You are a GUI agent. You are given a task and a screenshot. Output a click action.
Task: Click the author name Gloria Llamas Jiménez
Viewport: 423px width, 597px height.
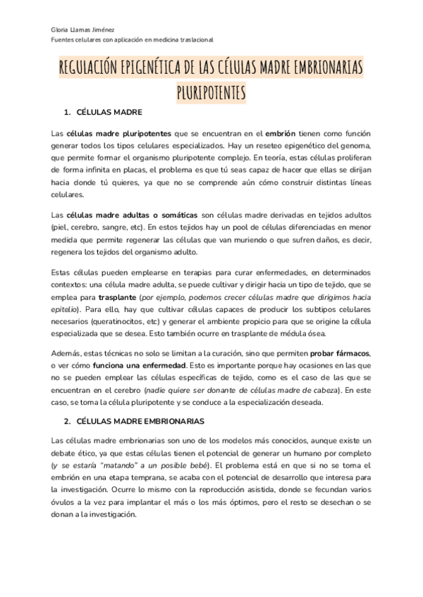pos(78,30)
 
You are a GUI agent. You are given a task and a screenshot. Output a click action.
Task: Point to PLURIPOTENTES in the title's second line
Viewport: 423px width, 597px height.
pos(211,92)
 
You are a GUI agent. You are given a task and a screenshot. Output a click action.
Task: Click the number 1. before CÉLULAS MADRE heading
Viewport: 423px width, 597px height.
pos(67,113)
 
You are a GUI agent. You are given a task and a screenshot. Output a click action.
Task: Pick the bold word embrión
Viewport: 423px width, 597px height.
pos(281,132)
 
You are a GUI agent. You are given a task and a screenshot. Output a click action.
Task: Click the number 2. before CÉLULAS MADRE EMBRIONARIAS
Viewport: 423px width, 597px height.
pos(67,421)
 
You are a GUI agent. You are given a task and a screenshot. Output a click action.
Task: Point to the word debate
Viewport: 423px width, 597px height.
pos(66,453)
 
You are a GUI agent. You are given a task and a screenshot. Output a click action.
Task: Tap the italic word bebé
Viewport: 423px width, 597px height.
pos(205,465)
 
